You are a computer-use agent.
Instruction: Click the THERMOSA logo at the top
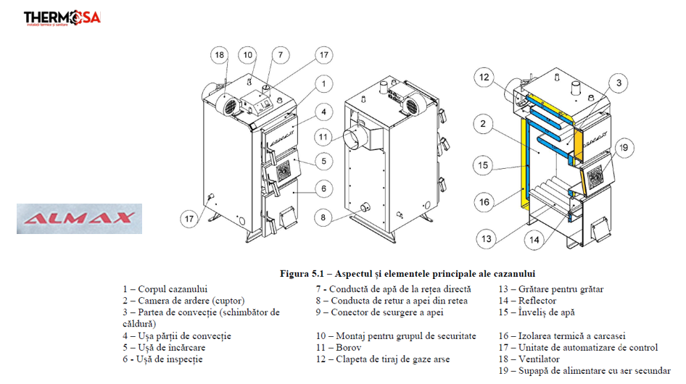tap(62, 17)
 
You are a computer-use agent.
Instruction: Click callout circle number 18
tap(220, 55)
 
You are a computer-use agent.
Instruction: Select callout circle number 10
tap(248, 55)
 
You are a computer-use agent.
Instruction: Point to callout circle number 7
tap(281, 55)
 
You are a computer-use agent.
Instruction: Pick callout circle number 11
tap(323, 135)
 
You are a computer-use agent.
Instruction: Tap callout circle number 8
tap(323, 216)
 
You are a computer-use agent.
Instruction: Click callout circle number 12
tap(484, 77)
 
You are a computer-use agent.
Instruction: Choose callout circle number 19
tap(622, 149)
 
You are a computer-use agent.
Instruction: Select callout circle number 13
tap(484, 238)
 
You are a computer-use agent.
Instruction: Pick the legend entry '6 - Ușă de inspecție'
tap(162, 359)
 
